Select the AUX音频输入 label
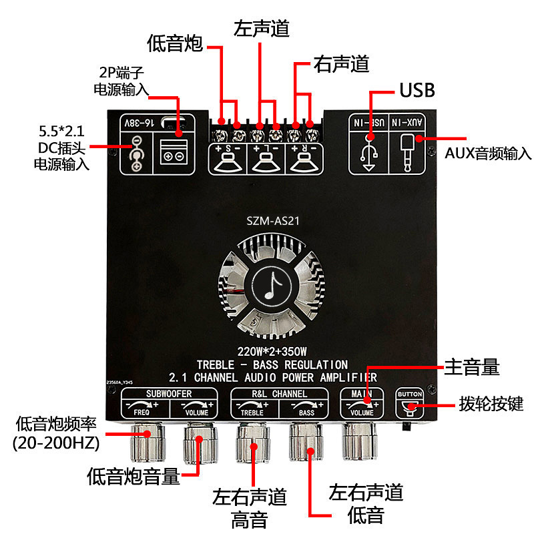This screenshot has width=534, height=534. tap(488, 154)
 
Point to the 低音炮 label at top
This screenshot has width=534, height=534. tap(175, 45)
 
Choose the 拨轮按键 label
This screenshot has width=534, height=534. tap(491, 404)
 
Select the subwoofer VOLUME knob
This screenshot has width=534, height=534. tap(199, 444)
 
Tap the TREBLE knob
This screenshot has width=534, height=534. tap(252, 444)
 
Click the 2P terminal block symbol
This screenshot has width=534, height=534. tap(176, 152)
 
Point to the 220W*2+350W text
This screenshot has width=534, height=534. tap(271, 351)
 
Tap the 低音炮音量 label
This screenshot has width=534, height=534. tap(133, 476)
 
